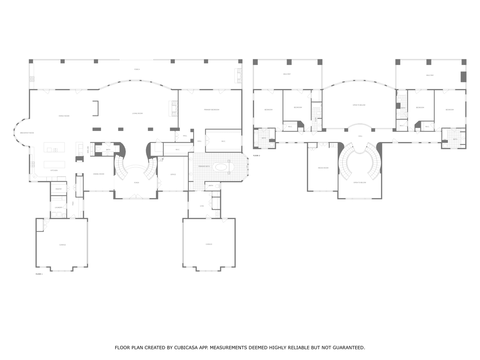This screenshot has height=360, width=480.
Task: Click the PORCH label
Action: coord(137,69)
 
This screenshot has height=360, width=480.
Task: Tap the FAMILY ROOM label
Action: coord(64,116)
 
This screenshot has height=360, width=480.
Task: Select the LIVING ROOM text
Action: coord(137,113)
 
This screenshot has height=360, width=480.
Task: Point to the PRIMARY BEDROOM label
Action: coord(211,110)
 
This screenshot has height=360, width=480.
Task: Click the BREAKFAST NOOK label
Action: coord(27,133)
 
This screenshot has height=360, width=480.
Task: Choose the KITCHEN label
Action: coord(54,170)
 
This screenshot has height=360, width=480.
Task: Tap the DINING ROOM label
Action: coord(99,174)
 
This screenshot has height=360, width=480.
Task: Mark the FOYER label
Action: coord(136,182)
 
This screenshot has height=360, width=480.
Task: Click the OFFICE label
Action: coord(173,175)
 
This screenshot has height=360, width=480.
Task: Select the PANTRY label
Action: coord(58,189)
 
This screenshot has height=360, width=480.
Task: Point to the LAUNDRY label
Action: coord(58,208)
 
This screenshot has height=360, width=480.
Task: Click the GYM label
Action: coord(202,206)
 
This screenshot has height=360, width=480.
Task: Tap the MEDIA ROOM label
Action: coord(323,168)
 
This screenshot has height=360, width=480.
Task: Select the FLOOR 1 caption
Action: coord(39,274)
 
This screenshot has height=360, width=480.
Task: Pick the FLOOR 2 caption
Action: coord(256,156)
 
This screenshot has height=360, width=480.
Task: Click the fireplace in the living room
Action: coord(173,108)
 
